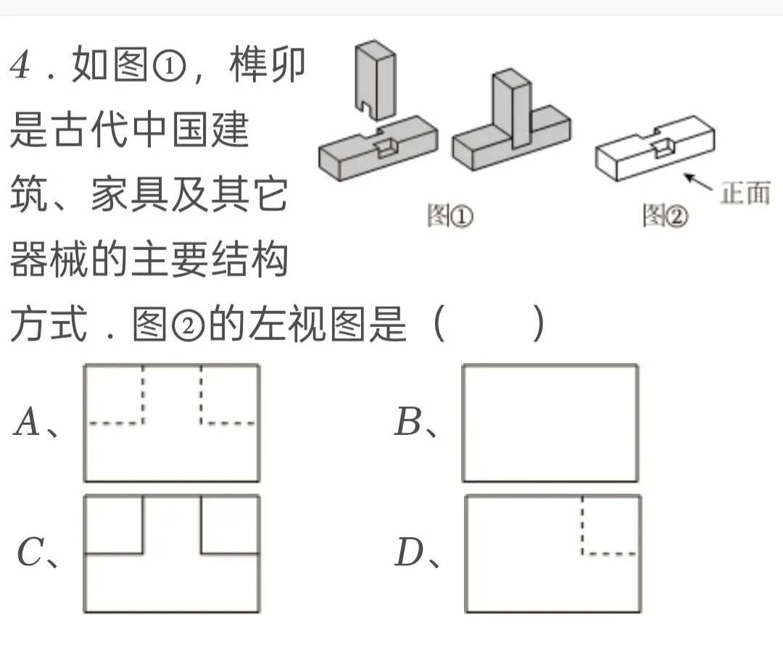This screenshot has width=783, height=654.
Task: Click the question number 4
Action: coord(20,67)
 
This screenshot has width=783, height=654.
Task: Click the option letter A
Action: coord(27,423)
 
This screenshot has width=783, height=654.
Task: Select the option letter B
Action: coord(407,423)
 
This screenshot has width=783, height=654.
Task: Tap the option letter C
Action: coord(30,555)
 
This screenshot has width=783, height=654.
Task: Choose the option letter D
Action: coord(408,555)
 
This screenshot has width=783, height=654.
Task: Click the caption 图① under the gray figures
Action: coord(449,216)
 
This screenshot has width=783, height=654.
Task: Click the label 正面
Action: coord(745,194)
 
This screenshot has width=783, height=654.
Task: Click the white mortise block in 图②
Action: coord(652,152)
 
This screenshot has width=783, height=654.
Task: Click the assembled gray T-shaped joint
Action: coord(511,127)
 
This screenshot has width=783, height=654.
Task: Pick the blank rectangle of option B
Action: coord(550,423)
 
